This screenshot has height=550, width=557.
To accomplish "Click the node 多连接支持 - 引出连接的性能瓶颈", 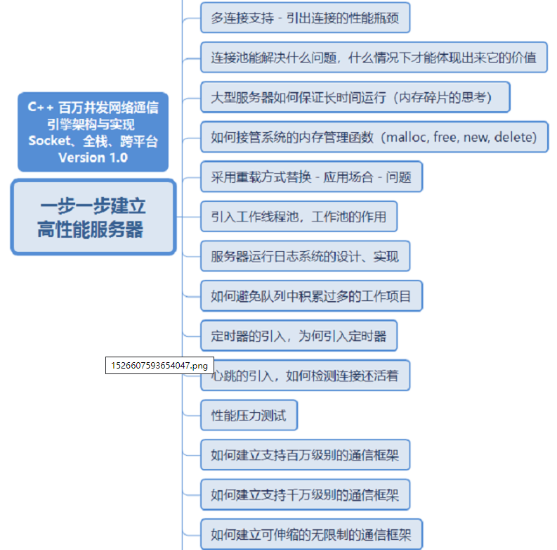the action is click(x=305, y=18).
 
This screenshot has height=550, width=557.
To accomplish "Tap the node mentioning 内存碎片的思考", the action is click(x=355, y=98).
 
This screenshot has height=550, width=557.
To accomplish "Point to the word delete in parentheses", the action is click(x=515, y=137).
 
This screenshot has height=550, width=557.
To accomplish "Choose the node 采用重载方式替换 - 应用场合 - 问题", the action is click(x=311, y=177).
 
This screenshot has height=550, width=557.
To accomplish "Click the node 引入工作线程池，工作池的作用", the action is click(x=299, y=217).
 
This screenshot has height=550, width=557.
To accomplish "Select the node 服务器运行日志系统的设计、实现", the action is click(x=305, y=257).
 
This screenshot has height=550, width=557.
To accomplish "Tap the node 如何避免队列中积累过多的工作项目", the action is click(x=311, y=296).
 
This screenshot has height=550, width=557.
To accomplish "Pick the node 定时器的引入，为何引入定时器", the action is click(x=299, y=336).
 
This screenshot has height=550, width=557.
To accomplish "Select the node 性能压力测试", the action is click(x=249, y=416).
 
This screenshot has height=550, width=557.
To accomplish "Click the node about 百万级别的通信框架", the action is click(x=305, y=455).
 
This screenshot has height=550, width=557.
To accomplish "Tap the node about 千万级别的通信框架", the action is click(x=305, y=495).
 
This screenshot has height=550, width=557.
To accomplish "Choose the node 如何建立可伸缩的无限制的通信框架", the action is click(x=311, y=535).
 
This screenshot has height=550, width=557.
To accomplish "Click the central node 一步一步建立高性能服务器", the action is click(x=93, y=217).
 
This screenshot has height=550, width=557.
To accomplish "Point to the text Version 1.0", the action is click(x=93, y=158).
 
